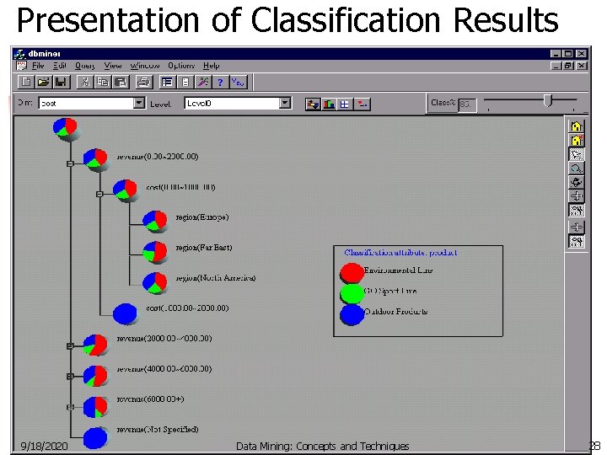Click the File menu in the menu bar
(x=38, y=66)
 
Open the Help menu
(x=211, y=66)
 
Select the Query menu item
(x=84, y=66)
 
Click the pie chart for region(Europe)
(x=155, y=221)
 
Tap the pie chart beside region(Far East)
(x=155, y=251)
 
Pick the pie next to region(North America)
(x=155, y=282)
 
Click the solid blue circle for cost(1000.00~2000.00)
(x=125, y=313)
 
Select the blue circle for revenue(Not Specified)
(x=95, y=437)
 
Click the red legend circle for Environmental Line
(x=352, y=273)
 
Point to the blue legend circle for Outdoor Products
(x=352, y=314)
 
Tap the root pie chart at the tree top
(x=65, y=127)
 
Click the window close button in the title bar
(x=581, y=54)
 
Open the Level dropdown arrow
(x=285, y=103)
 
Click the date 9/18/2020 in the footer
(x=44, y=447)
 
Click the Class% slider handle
(x=547, y=101)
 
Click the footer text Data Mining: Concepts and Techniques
(x=322, y=447)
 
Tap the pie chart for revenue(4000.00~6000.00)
(x=95, y=375)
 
